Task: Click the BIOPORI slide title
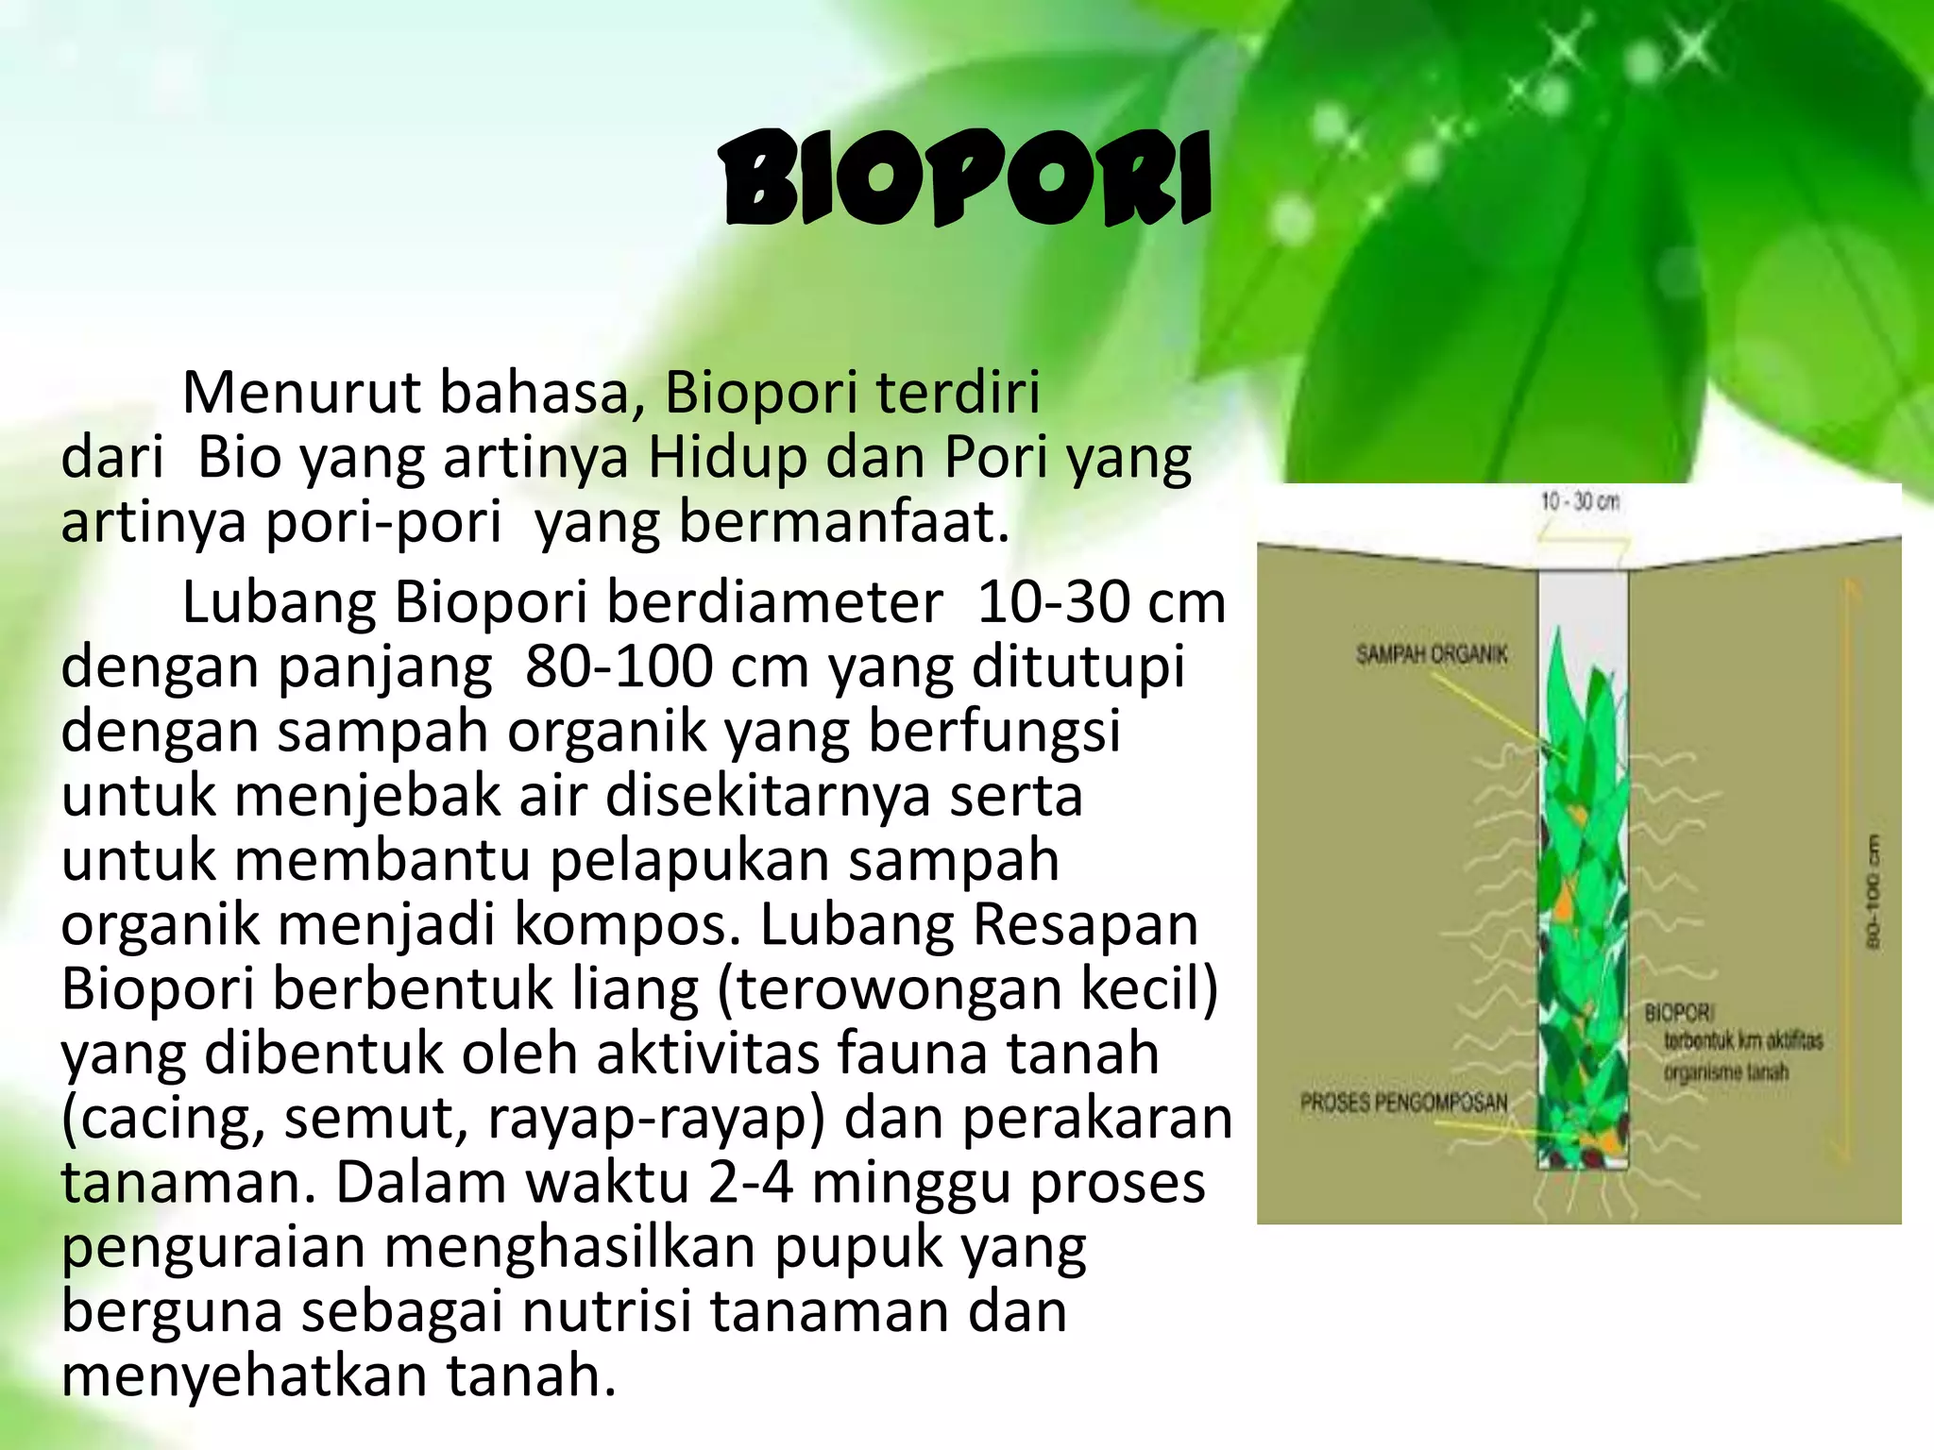[x=965, y=180]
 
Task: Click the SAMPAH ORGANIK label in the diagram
[x=1432, y=654]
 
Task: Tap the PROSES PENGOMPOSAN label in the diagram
[x=1403, y=1102]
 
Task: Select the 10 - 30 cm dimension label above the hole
[x=1580, y=501]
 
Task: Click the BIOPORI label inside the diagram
[x=1679, y=1013]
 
